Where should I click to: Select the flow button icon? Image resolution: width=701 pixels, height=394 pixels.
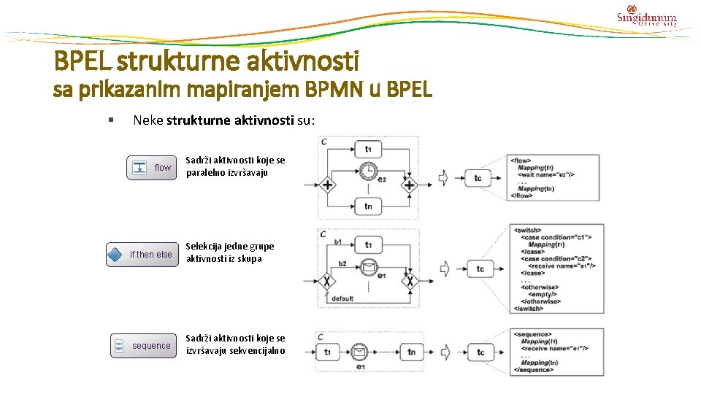[139, 168]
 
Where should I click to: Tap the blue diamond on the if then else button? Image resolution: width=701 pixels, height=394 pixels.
[115, 255]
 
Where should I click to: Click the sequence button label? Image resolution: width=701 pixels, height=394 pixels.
[151, 346]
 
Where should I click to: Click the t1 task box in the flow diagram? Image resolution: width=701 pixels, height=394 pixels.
[368, 149]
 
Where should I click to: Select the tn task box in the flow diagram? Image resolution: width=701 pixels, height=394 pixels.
[368, 206]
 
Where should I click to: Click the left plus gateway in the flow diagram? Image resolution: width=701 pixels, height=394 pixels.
[328, 185]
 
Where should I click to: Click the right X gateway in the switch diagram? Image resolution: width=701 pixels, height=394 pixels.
[410, 279]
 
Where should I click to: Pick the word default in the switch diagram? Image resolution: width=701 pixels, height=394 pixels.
[342, 298]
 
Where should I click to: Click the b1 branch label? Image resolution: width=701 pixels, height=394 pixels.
[338, 242]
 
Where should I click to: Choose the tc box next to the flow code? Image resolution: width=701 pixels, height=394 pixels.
[478, 177]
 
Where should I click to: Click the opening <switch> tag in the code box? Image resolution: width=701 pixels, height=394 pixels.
[528, 231]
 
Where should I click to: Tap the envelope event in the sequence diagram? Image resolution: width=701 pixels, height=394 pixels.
[360, 352]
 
